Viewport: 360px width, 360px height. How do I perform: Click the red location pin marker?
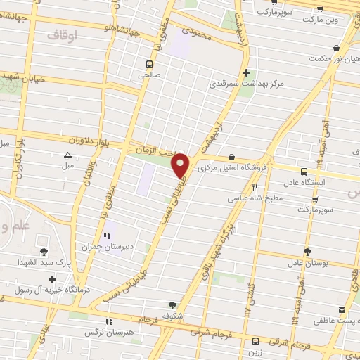(x=181, y=165)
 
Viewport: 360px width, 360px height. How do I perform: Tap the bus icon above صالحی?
(x=148, y=61)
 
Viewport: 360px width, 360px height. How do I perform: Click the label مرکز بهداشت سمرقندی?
(x=246, y=84)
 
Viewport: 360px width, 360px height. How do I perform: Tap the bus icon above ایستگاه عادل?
(x=304, y=171)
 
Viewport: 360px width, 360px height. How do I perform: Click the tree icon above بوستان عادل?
(x=307, y=251)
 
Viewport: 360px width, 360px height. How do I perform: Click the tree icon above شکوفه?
(x=173, y=305)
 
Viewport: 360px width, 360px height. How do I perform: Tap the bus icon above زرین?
(x=255, y=342)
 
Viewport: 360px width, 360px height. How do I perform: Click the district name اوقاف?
(x=62, y=33)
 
